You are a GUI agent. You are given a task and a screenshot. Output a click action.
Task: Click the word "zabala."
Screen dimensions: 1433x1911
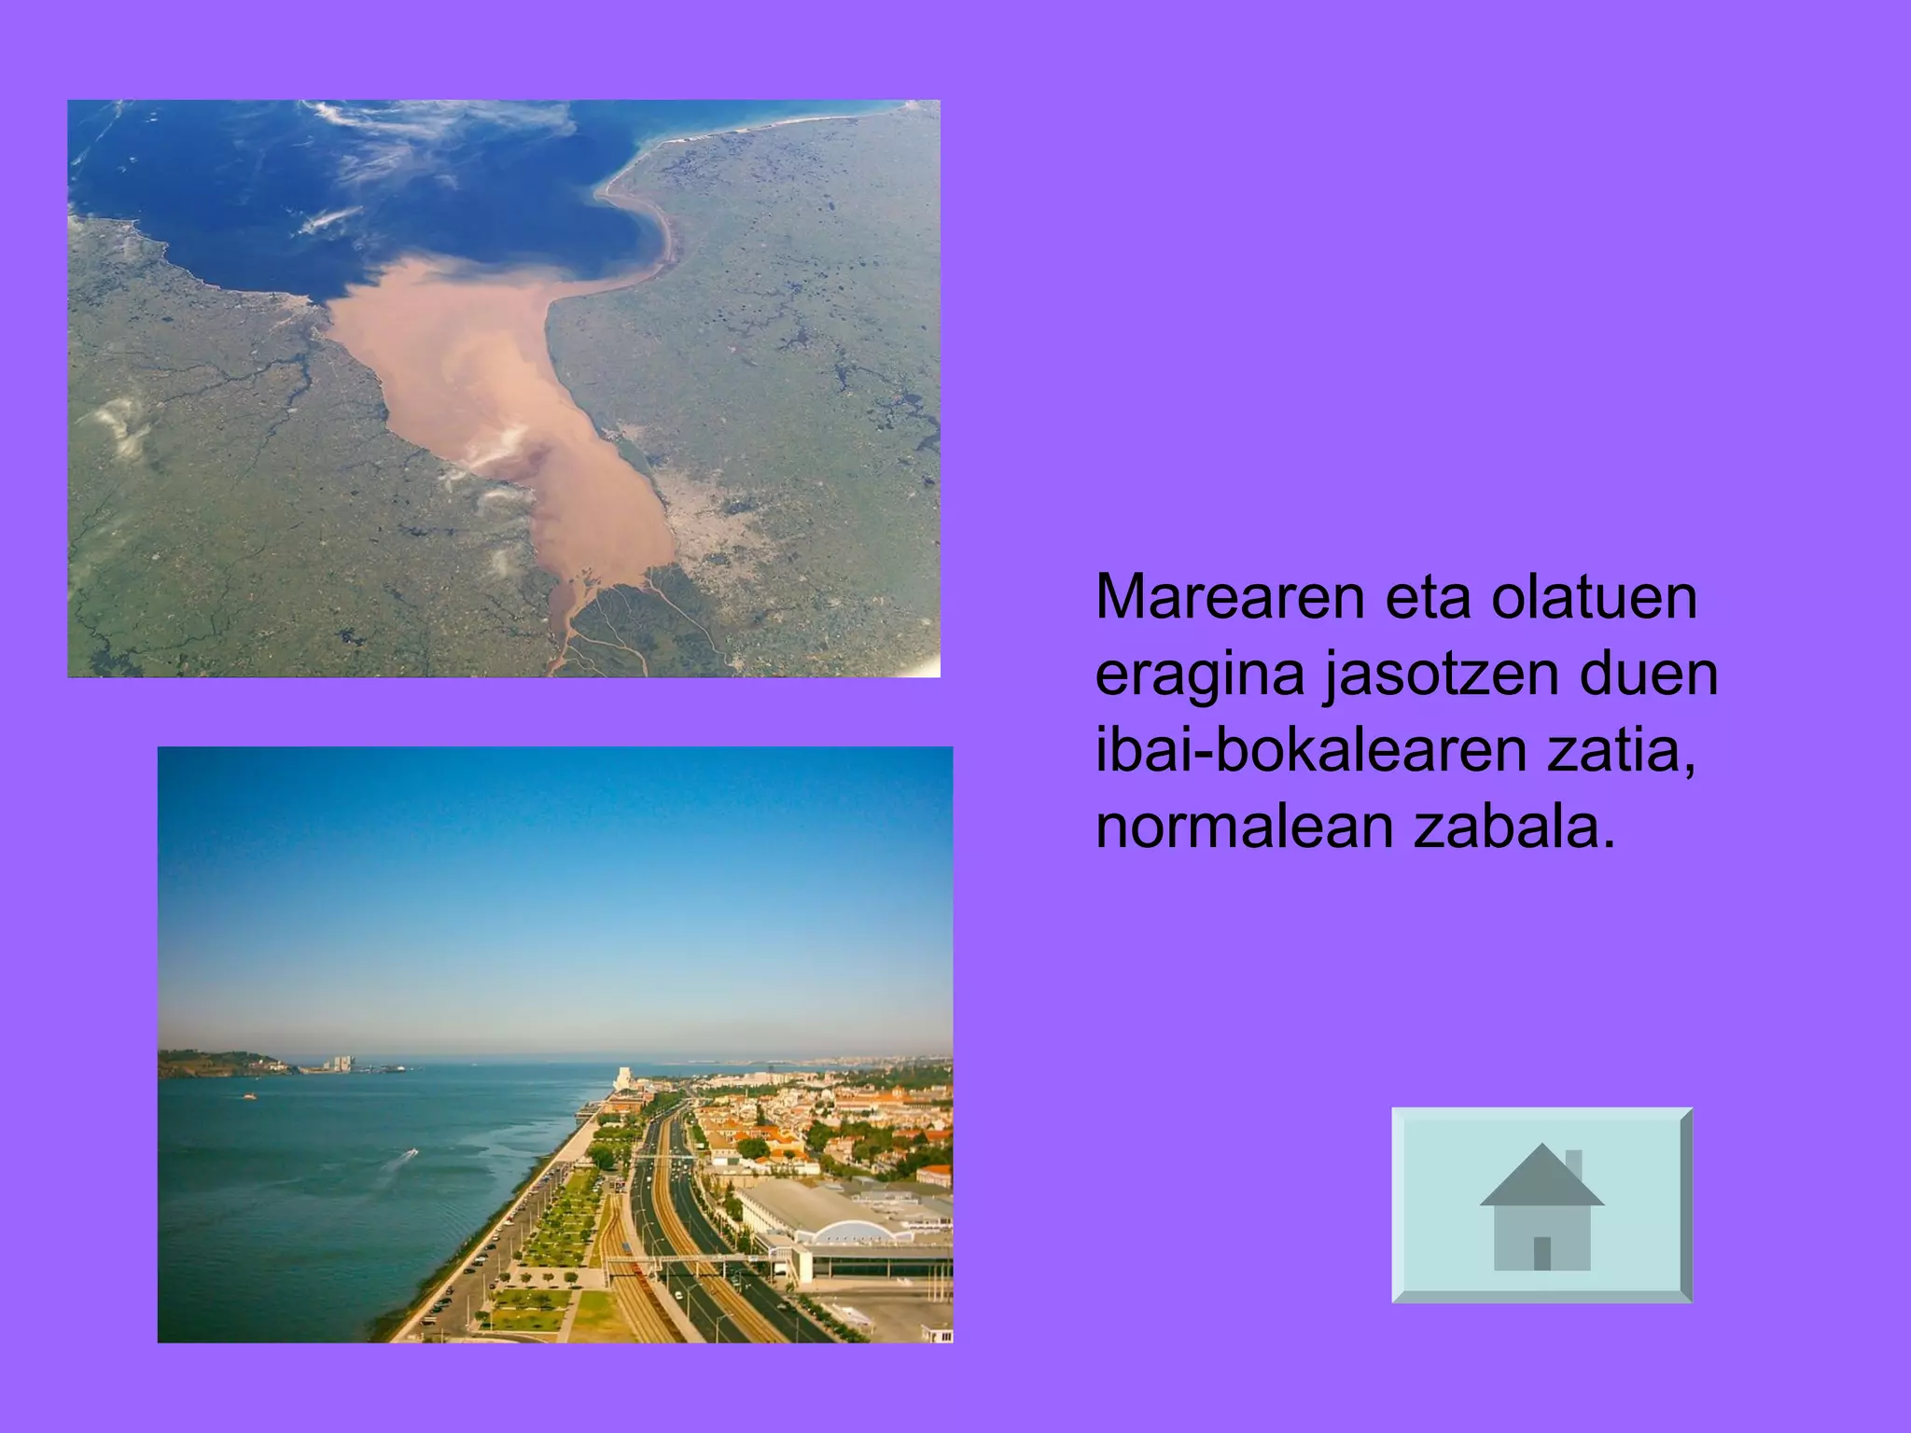pos(1514,827)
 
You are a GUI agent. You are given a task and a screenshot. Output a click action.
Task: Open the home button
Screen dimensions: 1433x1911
pos(1541,1204)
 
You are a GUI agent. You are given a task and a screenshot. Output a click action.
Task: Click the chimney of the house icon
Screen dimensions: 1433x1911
pos(1573,1165)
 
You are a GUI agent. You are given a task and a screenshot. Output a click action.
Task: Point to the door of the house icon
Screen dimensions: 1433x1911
pos(1541,1253)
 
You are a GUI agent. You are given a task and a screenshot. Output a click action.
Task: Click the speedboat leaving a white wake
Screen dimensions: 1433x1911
pos(411,1154)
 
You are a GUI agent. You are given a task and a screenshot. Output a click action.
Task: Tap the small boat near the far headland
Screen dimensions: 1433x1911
pos(249,1096)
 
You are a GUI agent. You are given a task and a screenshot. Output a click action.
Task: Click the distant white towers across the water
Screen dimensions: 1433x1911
pos(340,1064)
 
